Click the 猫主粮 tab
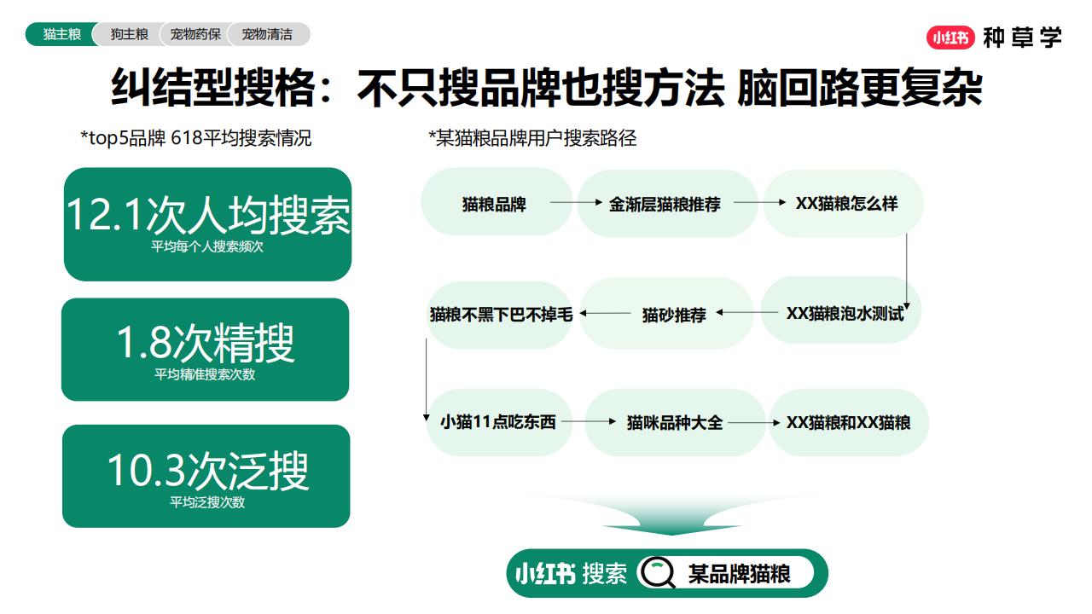62,34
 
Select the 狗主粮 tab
129,34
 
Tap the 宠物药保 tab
195,34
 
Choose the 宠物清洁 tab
267,34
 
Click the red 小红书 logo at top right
950,38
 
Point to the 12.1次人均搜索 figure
208,215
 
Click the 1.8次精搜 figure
206,343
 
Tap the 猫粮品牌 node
494,204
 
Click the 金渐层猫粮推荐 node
665,204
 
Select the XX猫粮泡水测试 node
845,313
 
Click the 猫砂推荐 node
674,315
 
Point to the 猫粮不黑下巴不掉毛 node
501,315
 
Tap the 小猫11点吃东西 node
498,422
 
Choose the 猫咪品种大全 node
675,422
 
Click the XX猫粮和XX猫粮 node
848,422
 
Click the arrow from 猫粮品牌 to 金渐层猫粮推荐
576,202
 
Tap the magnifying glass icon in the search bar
658,572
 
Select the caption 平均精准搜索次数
205,374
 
